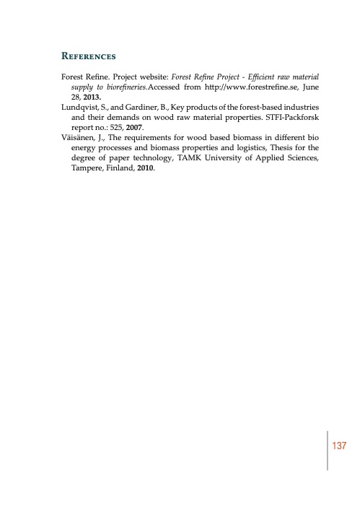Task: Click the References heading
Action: pos(89,56)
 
